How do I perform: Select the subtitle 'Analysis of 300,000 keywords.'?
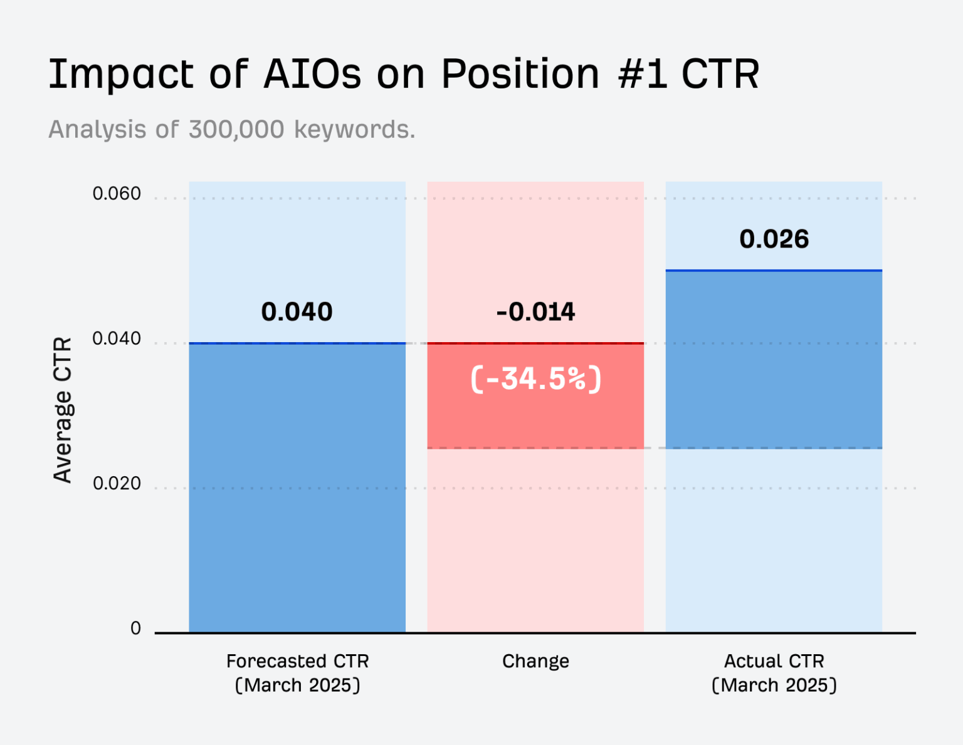(231, 130)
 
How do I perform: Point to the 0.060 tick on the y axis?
(117, 194)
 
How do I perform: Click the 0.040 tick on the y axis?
(117, 339)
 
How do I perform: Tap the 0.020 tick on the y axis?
(117, 484)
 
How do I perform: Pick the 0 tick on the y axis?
(135, 628)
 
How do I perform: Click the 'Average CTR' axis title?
(63, 410)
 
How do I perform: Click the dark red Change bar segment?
(535, 414)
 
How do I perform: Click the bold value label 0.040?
(297, 312)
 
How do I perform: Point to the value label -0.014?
(535, 312)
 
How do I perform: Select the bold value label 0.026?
(774, 239)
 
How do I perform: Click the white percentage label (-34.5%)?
(535, 379)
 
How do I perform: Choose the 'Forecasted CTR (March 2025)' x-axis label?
(297, 673)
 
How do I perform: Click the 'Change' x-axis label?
(535, 661)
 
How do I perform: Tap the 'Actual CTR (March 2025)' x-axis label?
(774, 673)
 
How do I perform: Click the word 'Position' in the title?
(520, 74)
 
